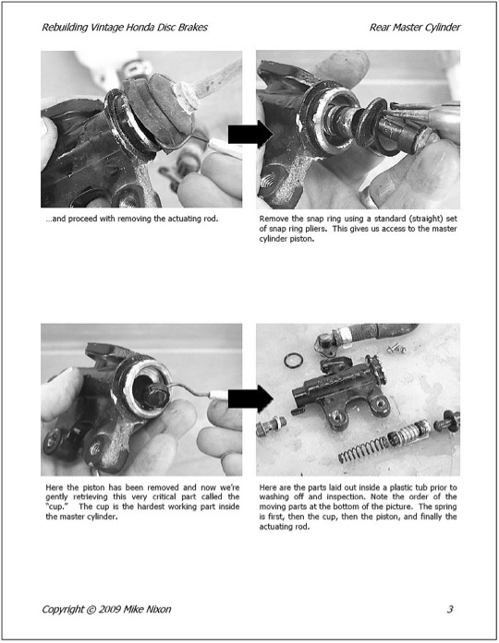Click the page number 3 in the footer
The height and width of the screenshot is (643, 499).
coord(450,609)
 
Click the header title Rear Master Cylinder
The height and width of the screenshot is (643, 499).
coord(415,28)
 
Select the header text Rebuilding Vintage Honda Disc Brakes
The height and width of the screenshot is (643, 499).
coord(125,28)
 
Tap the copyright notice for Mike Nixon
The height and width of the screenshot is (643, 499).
coord(106,609)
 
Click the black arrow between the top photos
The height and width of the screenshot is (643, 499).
coord(250,134)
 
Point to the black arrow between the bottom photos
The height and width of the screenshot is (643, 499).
coord(250,399)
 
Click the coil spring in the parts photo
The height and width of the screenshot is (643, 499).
coord(363,449)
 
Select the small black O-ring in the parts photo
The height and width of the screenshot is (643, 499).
coord(294,361)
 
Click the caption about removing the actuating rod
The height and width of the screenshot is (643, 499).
coord(132,219)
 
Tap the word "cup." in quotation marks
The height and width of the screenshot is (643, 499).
coord(56,506)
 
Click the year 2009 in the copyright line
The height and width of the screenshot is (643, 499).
coord(110,609)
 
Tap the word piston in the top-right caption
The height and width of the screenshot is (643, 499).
coord(301,239)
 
